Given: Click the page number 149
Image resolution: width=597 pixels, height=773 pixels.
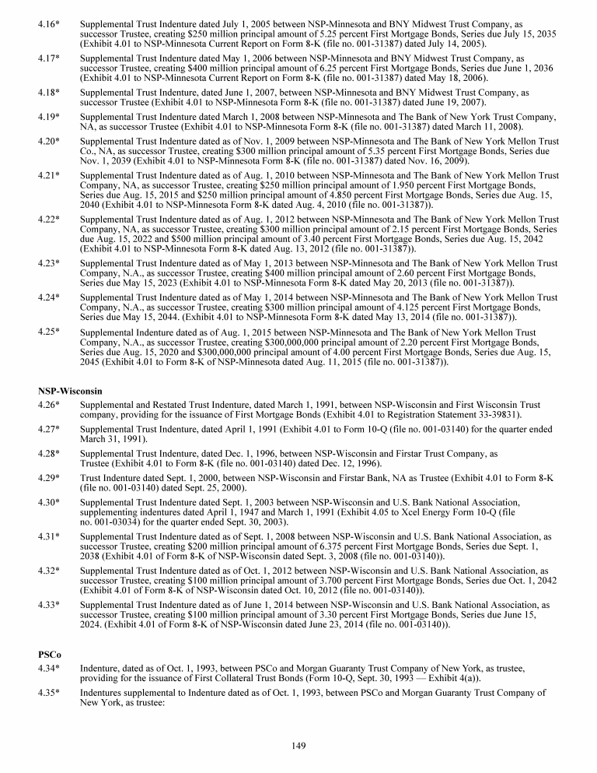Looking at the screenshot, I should click(298, 746).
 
